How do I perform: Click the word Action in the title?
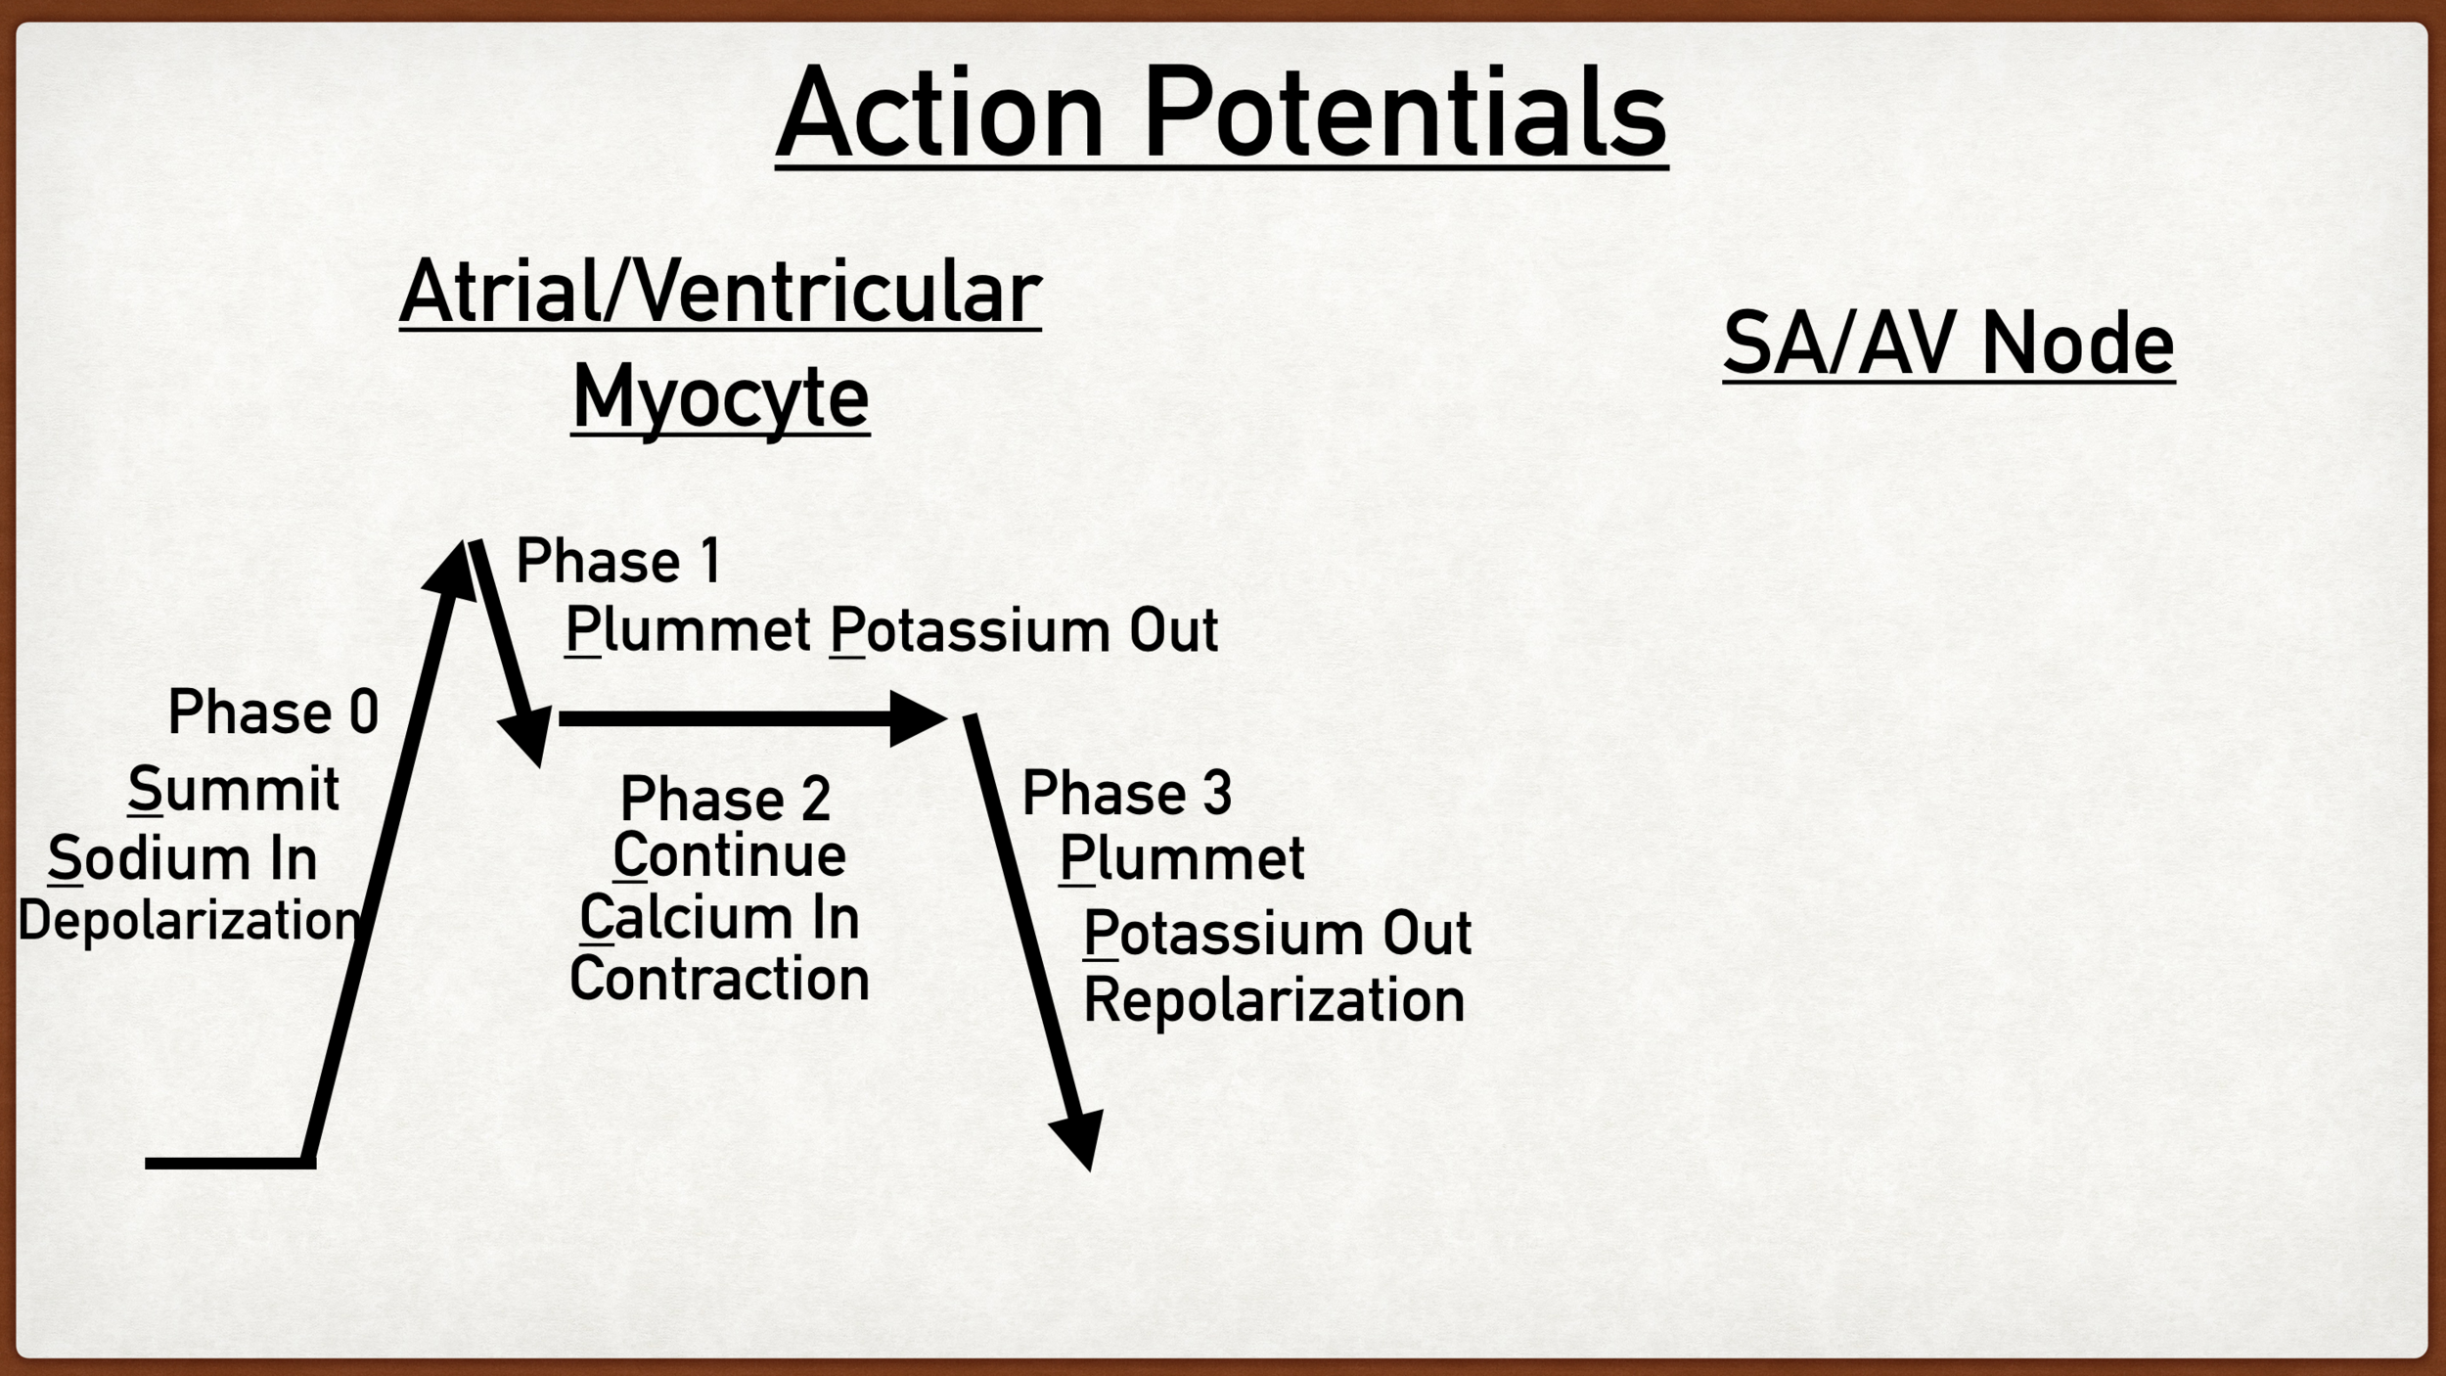click(939, 115)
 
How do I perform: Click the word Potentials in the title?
click(1404, 115)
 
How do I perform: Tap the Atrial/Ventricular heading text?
click(720, 292)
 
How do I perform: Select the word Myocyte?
click(720, 397)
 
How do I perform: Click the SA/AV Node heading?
click(1948, 344)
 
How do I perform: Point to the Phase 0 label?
click(273, 711)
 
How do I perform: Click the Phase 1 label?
click(618, 562)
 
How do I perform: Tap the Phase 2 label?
click(725, 799)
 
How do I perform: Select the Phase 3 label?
click(1126, 793)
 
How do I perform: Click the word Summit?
click(234, 789)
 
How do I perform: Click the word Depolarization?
click(189, 921)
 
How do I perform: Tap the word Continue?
click(729, 855)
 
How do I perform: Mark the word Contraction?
click(719, 979)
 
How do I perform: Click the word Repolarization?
click(1273, 1000)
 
